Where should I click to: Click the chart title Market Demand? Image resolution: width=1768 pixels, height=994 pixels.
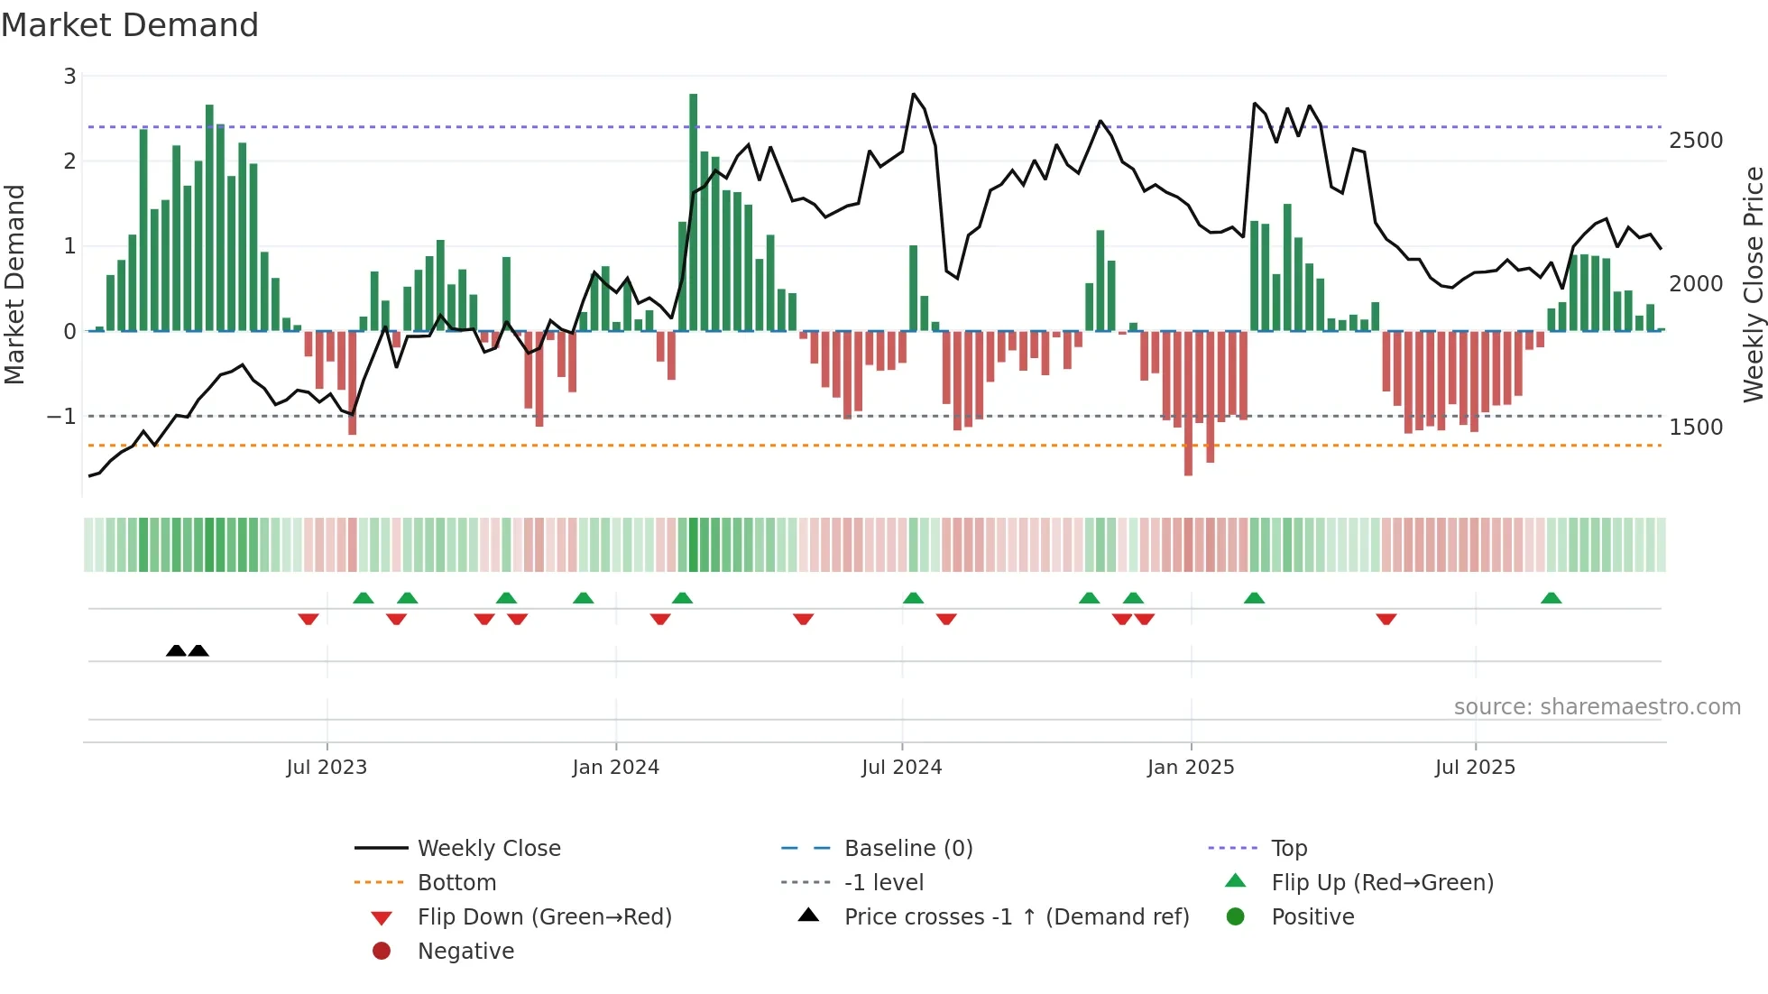point(130,24)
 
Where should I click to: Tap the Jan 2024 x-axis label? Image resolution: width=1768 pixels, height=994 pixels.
point(615,767)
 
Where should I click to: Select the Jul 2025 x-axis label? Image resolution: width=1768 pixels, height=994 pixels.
point(1475,767)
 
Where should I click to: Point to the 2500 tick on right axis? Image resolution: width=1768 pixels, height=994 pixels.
point(1696,141)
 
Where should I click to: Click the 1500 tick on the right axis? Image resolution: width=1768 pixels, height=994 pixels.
point(1696,427)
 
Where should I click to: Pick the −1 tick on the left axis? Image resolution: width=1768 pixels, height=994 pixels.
point(61,416)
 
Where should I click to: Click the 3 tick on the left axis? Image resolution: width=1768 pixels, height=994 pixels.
point(69,77)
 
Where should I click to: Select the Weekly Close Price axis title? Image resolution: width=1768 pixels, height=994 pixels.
point(1753,284)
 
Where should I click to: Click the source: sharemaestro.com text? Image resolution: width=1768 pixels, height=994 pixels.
point(1597,706)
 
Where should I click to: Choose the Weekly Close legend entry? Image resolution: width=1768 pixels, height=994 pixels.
point(488,848)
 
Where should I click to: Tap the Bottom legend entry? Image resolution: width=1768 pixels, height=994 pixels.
point(456,882)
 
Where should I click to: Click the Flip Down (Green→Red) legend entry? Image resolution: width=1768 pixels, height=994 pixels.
point(544,916)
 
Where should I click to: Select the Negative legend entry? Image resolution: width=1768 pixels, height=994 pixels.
point(465,951)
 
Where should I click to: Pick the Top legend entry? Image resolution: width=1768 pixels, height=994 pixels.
point(1288,848)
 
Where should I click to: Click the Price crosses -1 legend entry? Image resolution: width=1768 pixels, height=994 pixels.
point(1016,916)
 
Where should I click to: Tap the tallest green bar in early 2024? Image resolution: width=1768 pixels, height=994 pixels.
point(693,212)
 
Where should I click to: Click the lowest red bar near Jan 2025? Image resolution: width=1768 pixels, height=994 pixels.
point(1188,403)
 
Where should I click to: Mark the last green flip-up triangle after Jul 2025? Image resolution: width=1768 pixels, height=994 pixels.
point(1551,598)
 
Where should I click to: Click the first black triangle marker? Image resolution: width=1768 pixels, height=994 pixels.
point(176,650)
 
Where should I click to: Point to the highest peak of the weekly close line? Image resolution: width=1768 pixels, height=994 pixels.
point(914,94)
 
